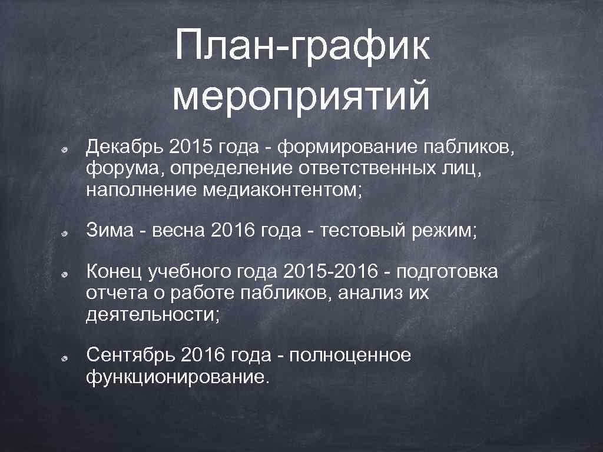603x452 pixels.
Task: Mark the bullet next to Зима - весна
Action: coord(67,233)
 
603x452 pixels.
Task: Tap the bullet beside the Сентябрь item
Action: coord(67,358)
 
